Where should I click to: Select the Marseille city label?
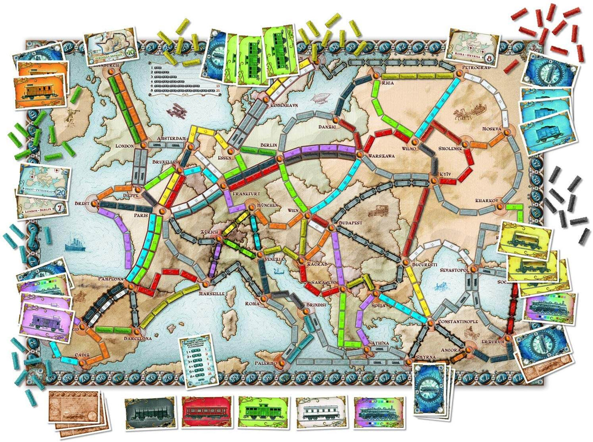pos(211,294)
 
